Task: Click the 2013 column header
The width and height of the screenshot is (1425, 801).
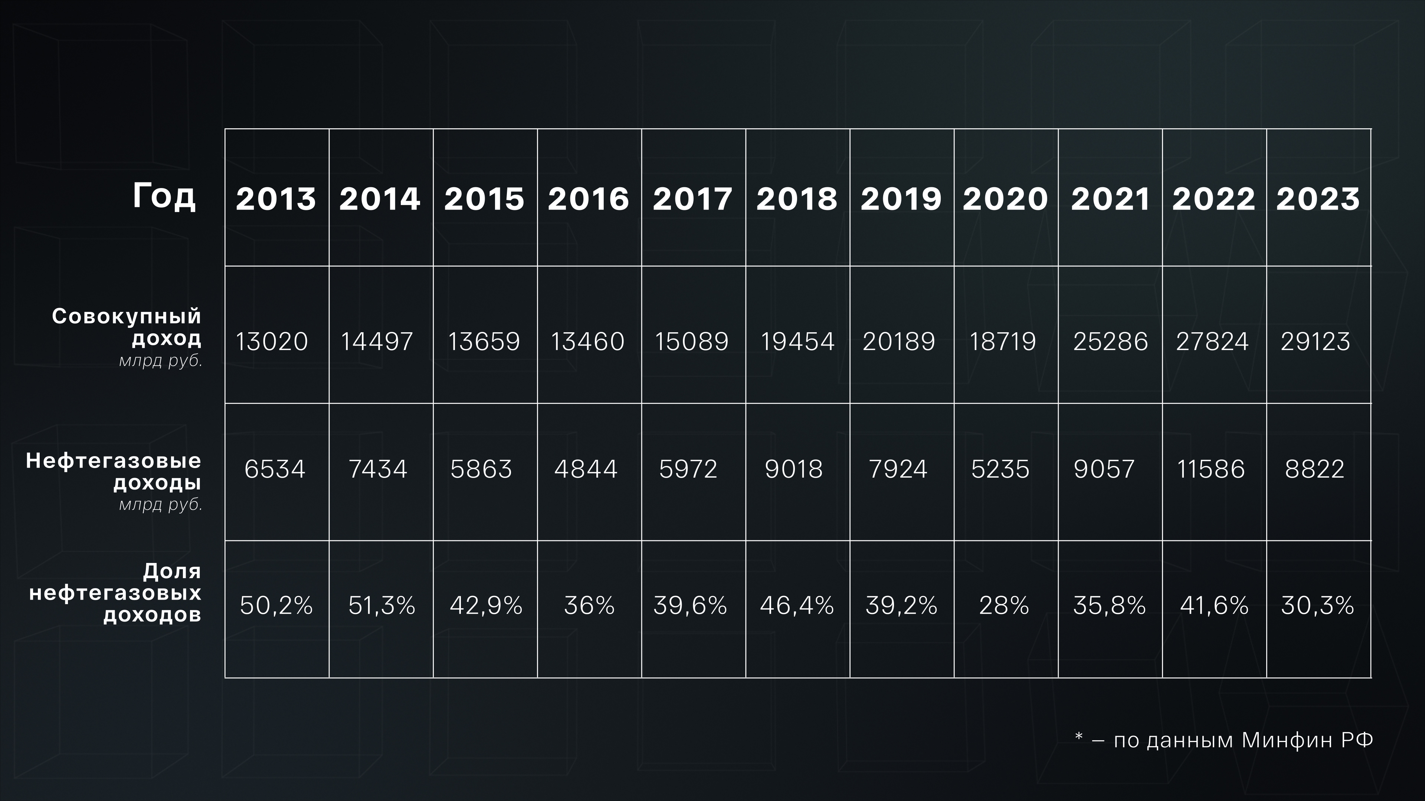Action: pyautogui.click(x=275, y=199)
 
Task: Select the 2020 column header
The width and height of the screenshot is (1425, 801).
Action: pyautogui.click(x=1005, y=199)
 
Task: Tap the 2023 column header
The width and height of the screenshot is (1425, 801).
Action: pyautogui.click(x=1318, y=199)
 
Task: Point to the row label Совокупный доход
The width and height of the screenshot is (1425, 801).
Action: pyautogui.click(x=127, y=327)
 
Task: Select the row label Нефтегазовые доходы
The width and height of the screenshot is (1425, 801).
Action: pyautogui.click(x=114, y=472)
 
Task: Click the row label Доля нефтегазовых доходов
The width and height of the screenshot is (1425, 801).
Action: pyautogui.click(x=116, y=593)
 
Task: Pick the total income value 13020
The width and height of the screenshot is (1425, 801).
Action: pyautogui.click(x=272, y=342)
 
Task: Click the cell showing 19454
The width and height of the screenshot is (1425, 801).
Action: pyautogui.click(x=797, y=342)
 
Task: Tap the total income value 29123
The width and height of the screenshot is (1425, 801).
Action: pyautogui.click(x=1316, y=342)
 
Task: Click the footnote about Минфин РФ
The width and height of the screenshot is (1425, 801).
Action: pyautogui.click(x=1223, y=740)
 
